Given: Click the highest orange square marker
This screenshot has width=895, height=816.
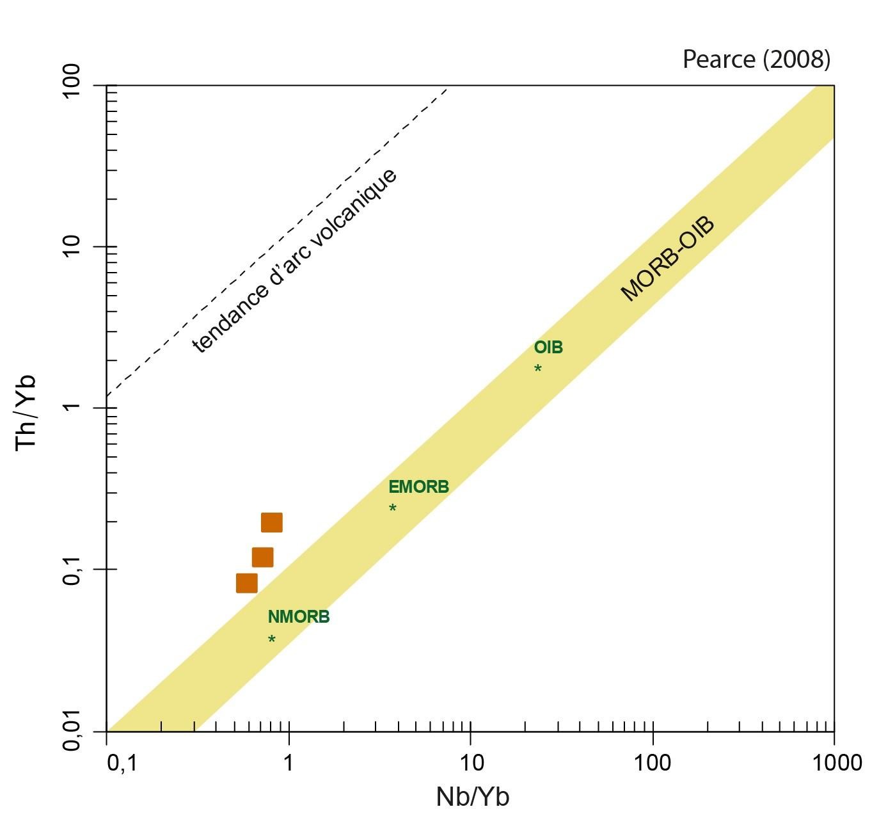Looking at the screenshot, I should pos(271,523).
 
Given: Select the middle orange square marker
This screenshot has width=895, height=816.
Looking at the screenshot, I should pos(262,557).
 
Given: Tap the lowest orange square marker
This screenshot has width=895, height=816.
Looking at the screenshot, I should pos(247,583).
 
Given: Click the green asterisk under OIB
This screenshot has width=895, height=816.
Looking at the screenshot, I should pos(538,369).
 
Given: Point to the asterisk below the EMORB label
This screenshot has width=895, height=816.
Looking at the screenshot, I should pos(393,508).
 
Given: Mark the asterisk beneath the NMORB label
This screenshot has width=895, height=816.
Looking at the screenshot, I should pos(272,639).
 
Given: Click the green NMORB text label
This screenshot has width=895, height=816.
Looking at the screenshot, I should pos(299,617).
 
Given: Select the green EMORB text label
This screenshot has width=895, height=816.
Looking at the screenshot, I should pos(419,487).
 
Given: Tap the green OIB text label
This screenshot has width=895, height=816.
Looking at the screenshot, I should pos(548,348).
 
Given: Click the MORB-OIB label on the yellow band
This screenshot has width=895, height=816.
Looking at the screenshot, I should pos(668,259).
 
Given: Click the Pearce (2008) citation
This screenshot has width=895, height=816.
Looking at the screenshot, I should pos(756,60).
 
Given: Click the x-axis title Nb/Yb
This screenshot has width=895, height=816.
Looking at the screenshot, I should pos(473,797).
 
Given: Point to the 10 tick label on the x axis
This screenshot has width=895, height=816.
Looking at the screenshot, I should pos(471,763).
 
